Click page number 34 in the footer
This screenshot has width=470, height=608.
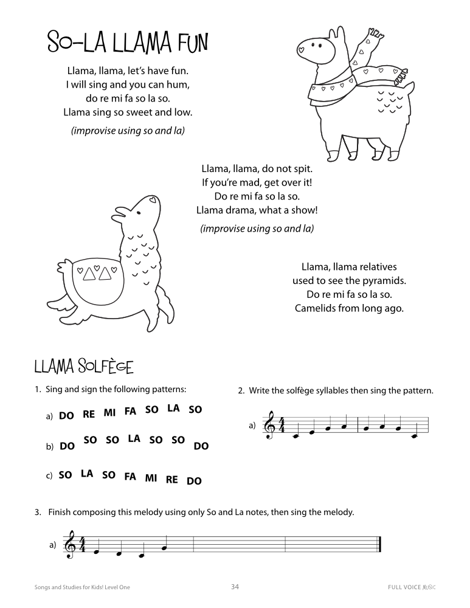point(235,587)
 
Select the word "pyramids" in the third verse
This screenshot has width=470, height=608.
point(385,280)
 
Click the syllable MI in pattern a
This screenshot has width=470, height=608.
point(109,412)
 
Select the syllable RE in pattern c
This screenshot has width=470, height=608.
point(172,479)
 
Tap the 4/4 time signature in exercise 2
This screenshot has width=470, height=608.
point(281,426)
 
